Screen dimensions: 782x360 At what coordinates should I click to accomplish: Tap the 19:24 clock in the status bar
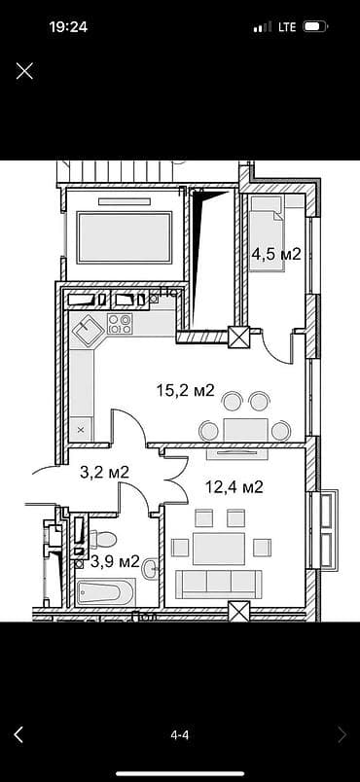[x=68, y=27]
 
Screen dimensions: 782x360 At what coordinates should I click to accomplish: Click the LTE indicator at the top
[x=287, y=27]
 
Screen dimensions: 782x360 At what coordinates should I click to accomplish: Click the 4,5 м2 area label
[x=276, y=255]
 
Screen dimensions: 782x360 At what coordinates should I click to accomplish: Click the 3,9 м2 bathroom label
[x=115, y=561]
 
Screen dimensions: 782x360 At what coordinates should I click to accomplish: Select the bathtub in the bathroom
[x=104, y=591]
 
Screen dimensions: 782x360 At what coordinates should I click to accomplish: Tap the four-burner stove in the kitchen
[x=121, y=324]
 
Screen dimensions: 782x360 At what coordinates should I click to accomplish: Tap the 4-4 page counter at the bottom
[x=180, y=735]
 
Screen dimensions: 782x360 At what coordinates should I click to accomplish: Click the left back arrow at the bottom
[x=18, y=735]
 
